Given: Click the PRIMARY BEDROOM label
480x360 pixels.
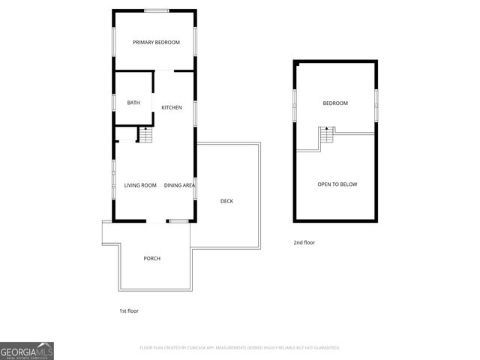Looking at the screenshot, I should tap(157, 43).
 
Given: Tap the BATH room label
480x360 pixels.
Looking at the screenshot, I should tap(133, 103).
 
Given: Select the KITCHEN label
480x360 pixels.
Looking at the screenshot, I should tap(172, 108).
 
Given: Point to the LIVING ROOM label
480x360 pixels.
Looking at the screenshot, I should tap(140, 185).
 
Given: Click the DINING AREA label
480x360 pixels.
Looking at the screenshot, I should tap(180, 185).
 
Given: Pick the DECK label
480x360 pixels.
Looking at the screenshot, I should tap(226, 201).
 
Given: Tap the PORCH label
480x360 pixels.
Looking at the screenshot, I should tap(152, 258).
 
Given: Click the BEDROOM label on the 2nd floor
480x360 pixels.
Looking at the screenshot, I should tap(335, 103).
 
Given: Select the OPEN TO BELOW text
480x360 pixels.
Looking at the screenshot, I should tap(337, 184).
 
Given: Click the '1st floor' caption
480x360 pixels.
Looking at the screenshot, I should tap(129, 310).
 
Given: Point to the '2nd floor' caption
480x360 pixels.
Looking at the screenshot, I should tap(304, 242).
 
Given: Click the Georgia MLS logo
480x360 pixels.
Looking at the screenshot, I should tap(27, 350).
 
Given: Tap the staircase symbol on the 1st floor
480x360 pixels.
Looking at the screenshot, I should tap(145, 136).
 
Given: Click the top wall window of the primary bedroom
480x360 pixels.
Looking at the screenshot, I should tap(157, 10).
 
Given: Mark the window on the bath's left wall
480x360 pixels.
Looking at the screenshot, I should tap(113, 102).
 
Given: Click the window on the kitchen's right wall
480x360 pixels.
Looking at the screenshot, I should tap(196, 112).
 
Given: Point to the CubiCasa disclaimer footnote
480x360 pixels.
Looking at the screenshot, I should tap(240, 348).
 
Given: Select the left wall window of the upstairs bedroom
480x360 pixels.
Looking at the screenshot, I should tap(294, 100).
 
